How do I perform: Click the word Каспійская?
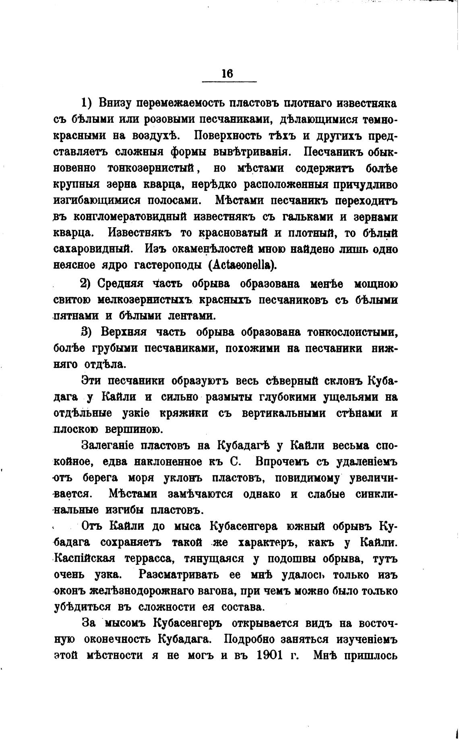(89, 559)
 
